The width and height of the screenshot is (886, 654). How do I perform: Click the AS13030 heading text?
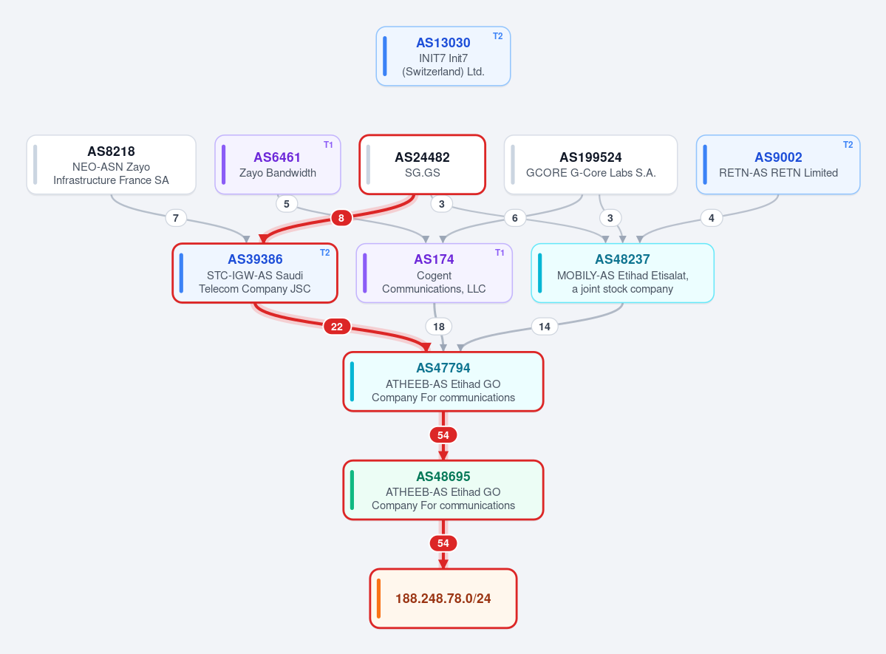tap(443, 43)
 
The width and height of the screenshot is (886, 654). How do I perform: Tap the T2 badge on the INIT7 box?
tap(498, 36)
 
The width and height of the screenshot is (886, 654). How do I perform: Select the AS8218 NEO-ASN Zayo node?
tap(112, 165)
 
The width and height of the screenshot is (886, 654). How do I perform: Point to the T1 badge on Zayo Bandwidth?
tap(328, 145)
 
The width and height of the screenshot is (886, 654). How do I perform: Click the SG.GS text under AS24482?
tap(423, 173)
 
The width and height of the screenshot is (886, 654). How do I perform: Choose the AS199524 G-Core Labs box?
tap(590, 165)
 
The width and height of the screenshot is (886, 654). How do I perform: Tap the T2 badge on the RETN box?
tap(848, 145)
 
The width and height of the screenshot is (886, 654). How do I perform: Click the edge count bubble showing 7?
tap(176, 217)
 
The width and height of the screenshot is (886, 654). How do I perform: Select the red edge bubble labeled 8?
tap(341, 217)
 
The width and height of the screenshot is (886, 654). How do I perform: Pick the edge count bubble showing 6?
tap(515, 217)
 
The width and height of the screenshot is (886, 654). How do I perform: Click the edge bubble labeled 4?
tap(712, 217)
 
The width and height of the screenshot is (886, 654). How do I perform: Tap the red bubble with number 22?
tap(337, 327)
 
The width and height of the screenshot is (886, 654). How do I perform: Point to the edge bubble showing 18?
tap(439, 327)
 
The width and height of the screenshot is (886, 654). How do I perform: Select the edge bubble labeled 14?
tap(545, 327)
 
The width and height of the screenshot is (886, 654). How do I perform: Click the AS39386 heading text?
tap(256, 259)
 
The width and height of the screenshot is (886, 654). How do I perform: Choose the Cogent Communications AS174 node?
tap(434, 273)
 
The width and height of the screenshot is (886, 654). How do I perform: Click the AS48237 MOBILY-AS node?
tap(623, 273)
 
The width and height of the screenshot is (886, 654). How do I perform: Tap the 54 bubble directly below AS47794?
tap(443, 435)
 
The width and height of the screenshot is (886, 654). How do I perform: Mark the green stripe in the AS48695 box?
tap(352, 490)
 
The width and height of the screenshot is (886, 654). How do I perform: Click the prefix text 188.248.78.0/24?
tap(443, 599)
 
